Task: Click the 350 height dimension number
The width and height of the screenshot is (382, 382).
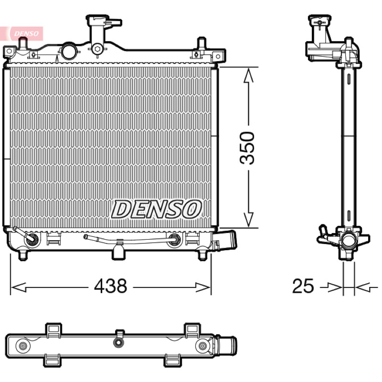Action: [247, 148]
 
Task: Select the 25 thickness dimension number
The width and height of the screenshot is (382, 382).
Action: [303, 286]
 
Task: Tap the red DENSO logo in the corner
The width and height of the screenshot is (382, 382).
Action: [26, 33]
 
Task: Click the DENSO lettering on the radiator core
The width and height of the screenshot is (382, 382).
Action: [157, 209]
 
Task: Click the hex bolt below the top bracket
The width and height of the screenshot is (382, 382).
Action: [97, 49]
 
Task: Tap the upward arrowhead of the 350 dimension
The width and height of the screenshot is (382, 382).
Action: [248, 75]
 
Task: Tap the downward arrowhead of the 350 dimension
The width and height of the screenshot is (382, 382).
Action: [248, 220]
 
